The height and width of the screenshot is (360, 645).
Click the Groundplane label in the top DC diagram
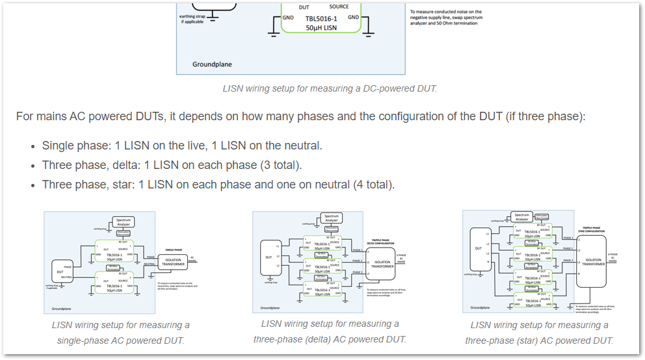coord(212,64)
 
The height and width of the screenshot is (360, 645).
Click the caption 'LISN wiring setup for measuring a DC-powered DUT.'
coord(330,88)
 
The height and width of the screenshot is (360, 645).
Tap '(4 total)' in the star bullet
coord(373,185)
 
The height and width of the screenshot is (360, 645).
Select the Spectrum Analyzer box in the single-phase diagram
coord(124,222)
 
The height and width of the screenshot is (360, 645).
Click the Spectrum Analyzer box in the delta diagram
coord(332,218)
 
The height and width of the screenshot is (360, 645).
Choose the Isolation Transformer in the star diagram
coord(593,261)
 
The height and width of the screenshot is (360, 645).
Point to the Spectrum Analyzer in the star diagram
coord(522,217)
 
